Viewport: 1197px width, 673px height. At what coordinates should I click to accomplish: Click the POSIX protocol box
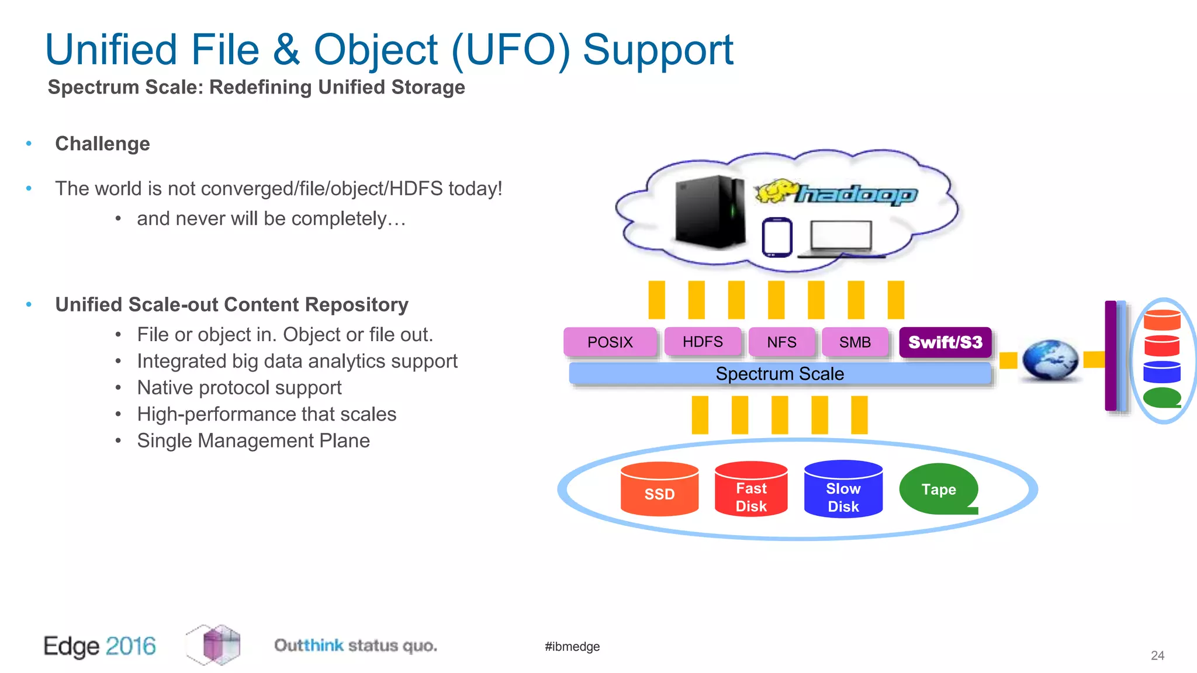click(x=610, y=342)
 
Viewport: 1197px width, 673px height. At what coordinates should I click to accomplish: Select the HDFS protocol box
click(x=703, y=342)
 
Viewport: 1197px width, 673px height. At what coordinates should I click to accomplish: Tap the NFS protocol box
click(x=781, y=342)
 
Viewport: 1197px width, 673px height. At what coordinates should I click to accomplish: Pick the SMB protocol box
click(x=854, y=342)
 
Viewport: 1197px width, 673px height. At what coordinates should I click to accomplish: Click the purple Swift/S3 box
click(x=945, y=342)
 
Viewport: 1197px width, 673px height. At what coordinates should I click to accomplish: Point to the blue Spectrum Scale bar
click(x=780, y=374)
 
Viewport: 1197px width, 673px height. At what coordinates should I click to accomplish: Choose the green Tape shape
click(x=937, y=490)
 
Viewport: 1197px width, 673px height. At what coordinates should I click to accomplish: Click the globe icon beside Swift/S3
click(x=1050, y=360)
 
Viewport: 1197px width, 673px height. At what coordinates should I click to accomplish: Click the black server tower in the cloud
click(x=710, y=211)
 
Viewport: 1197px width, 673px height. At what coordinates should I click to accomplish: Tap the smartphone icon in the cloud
click(x=777, y=237)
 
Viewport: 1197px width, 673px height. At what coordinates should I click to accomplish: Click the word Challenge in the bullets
click(x=102, y=144)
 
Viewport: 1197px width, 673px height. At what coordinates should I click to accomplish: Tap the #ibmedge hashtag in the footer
click(x=572, y=647)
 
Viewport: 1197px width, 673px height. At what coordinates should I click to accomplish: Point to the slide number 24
click(x=1157, y=655)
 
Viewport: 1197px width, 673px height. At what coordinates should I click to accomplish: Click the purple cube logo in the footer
click(x=214, y=645)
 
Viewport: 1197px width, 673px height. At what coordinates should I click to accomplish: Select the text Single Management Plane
click(x=253, y=440)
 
